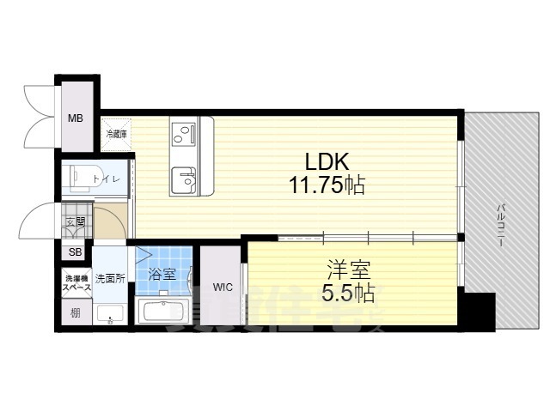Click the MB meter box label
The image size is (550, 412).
point(76,118)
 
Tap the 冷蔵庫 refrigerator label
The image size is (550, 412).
point(116,133)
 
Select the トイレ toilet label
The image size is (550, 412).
point(113,179)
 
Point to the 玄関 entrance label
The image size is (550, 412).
point(75,222)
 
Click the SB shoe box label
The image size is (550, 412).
point(75,252)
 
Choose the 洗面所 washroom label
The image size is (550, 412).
point(110,278)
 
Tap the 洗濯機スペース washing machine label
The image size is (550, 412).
point(76,282)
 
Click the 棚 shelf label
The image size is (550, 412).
point(76,313)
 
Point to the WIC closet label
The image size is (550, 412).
point(223,286)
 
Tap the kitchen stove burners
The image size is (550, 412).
point(182,132)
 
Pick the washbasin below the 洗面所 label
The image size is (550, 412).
point(109,314)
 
